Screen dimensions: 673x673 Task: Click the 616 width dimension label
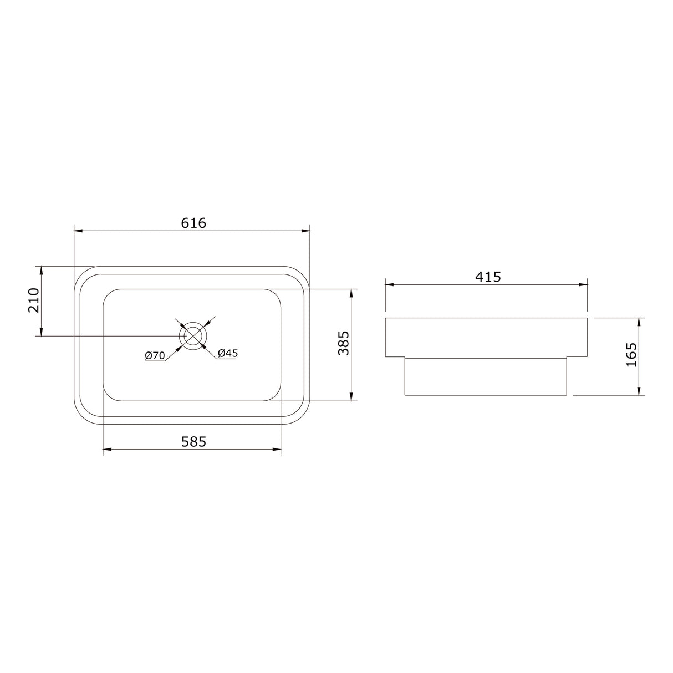click(193, 223)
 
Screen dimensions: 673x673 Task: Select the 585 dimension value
click(193, 441)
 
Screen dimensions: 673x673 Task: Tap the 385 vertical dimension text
click(344, 343)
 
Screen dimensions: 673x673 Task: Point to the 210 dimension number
click(33, 300)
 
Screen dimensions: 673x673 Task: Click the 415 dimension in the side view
click(488, 277)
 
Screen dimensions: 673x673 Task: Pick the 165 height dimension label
click(631, 355)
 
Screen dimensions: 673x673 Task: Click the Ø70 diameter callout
click(155, 356)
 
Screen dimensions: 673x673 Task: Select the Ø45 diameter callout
click(228, 353)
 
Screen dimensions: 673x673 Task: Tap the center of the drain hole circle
click(193, 336)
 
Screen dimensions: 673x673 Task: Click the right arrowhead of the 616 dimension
click(305, 231)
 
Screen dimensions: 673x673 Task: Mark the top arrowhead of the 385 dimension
click(351, 293)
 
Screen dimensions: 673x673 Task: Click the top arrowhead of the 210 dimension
click(40, 271)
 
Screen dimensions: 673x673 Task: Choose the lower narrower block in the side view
click(486, 376)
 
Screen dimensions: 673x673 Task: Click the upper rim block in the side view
click(486, 338)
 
